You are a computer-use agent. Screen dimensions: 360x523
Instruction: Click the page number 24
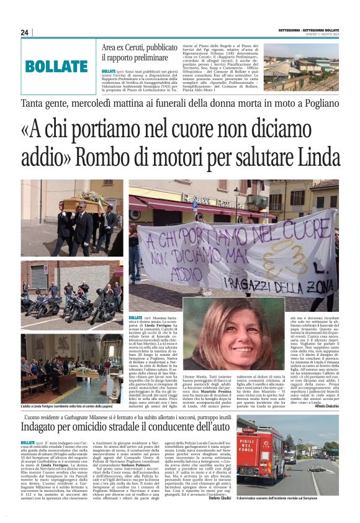point(24,32)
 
